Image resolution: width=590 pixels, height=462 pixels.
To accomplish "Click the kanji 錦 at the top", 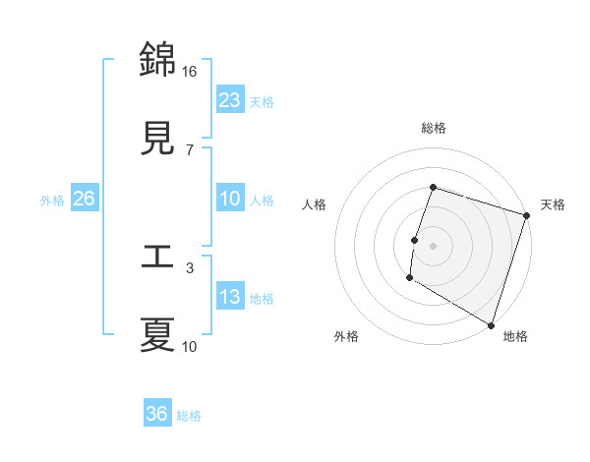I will tap(157, 60).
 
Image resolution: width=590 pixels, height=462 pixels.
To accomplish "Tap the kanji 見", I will tap(157, 139).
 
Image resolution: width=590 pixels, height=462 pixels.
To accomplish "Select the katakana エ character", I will tap(157, 258).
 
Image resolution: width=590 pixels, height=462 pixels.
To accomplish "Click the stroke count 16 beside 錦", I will tap(190, 71).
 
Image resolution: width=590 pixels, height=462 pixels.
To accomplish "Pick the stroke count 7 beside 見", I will tap(190, 149).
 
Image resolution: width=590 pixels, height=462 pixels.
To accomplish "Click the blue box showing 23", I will tap(230, 99).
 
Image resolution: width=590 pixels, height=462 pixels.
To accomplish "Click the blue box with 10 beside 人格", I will tap(230, 199).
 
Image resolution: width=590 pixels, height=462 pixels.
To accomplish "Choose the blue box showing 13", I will tap(230, 297).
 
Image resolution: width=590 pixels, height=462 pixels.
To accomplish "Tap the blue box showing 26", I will tap(84, 199).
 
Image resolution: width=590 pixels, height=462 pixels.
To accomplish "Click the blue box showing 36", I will tap(157, 414).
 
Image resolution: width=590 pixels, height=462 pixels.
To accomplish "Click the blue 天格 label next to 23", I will tap(262, 101).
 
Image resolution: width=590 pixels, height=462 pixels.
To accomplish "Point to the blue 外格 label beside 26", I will tap(52, 200).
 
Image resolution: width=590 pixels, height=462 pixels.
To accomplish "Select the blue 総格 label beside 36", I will tap(189, 416).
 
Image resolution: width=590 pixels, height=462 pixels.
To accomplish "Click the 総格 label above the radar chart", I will tap(433, 128).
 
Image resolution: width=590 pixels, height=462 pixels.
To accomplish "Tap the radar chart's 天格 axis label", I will tap(553, 204).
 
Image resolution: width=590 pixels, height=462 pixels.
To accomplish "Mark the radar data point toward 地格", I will tap(491, 324).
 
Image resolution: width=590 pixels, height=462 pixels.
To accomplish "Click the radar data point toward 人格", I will tap(415, 240).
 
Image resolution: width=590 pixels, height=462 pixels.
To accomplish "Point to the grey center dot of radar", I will tap(433, 245).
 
